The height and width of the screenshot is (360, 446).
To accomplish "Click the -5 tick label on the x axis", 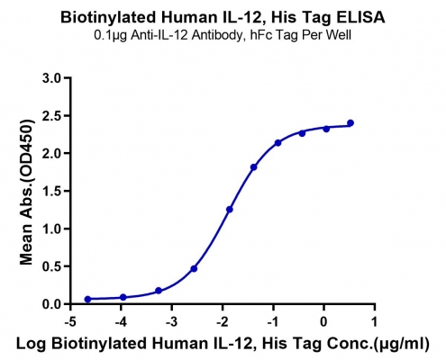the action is [70, 322].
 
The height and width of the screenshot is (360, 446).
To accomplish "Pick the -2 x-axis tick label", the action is [223, 322].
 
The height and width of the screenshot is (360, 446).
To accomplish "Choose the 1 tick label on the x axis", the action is [375, 322].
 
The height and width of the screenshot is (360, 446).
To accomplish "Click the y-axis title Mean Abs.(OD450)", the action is [26, 193].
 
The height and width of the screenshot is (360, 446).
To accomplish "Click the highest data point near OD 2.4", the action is [350, 123].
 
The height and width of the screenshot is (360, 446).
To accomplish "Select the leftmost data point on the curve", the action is [87, 299].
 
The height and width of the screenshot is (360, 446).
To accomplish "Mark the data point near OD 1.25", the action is [230, 210].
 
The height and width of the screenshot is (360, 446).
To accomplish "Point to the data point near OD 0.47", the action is [194, 269].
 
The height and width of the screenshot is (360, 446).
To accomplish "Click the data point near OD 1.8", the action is [254, 167].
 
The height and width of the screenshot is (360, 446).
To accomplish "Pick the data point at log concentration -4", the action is [123, 297].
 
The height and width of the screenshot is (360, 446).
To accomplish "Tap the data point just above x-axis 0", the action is [326, 129].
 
